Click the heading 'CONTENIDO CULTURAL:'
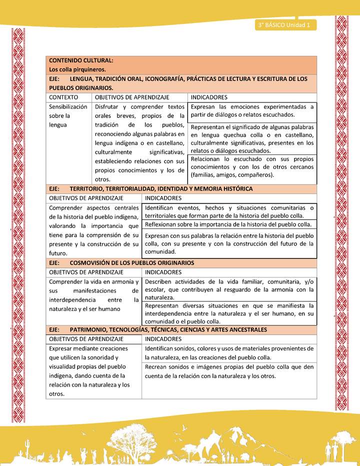(x=81, y=60)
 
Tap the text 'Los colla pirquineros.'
(x=77, y=69)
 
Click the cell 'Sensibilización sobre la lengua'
(x=68, y=115)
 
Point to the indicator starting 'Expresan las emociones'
(x=252, y=110)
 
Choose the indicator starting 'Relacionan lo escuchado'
(x=252, y=167)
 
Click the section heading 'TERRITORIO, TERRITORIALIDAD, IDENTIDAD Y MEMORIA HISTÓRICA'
(x=161, y=189)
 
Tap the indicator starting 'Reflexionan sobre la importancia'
(x=228, y=224)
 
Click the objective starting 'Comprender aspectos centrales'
(x=94, y=230)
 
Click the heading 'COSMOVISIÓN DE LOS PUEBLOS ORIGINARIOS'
(x=132, y=262)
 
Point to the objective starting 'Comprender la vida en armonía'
(x=94, y=295)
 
